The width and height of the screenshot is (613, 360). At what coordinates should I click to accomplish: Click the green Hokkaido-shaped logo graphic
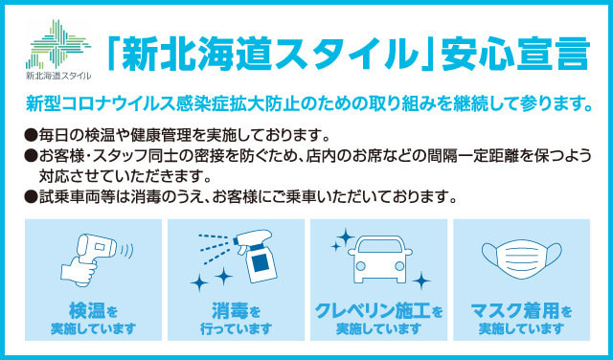[57, 44]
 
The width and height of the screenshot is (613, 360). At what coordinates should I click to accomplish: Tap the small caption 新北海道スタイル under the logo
[58, 76]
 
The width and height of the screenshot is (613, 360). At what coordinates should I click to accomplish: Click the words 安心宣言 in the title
[515, 54]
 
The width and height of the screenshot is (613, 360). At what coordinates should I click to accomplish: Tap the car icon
[380, 259]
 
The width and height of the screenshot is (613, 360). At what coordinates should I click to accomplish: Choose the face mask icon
[521, 259]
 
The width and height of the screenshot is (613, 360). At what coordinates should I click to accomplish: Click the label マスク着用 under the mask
[514, 311]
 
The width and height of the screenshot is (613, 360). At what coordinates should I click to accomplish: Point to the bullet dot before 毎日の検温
[31, 136]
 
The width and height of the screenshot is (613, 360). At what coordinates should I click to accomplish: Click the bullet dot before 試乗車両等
[31, 196]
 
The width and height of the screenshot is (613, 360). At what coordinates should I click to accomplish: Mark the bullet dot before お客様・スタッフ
[31, 156]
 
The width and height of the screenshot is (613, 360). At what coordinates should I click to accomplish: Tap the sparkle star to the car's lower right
[421, 281]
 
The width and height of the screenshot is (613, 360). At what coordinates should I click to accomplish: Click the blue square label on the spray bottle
[261, 262]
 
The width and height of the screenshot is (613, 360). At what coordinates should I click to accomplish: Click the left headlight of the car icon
[360, 266]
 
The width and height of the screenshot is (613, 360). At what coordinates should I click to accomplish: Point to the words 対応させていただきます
[125, 177]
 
